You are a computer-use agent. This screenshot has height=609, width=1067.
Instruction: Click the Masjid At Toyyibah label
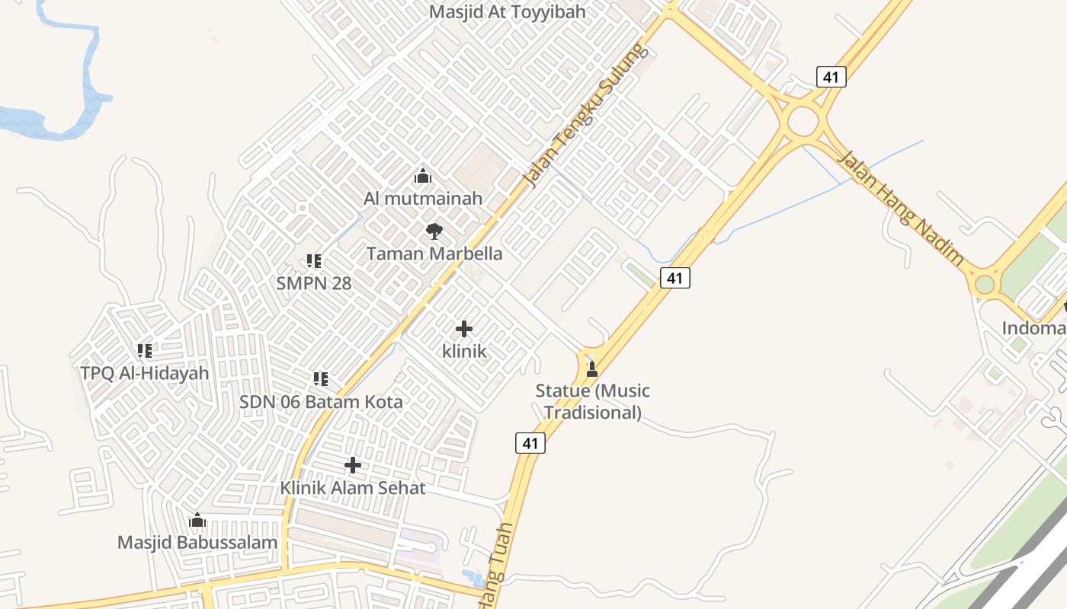[x=507, y=12]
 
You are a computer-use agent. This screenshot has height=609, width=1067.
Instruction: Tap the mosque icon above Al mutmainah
[x=423, y=177]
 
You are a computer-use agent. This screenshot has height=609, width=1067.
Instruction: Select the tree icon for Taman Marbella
[x=434, y=231]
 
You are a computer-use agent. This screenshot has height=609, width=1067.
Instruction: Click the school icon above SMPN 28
[x=313, y=261]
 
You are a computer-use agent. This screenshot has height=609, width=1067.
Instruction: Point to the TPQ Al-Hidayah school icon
[x=144, y=351]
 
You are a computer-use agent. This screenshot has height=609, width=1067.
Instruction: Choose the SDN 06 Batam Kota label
[x=321, y=401]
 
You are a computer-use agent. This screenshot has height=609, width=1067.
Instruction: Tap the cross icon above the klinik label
[x=463, y=329]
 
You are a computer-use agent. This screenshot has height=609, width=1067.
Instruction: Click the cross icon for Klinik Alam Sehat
[x=352, y=465]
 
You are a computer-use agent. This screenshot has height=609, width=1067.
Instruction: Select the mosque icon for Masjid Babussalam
[x=197, y=521]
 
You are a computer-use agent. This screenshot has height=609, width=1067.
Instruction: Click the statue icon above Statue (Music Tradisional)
[x=591, y=369]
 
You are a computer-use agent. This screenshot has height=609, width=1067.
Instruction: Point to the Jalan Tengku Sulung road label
[x=585, y=116]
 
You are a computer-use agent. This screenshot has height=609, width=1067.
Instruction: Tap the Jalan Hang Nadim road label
[x=900, y=207]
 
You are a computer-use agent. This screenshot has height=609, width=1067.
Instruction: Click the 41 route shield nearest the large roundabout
[x=831, y=77]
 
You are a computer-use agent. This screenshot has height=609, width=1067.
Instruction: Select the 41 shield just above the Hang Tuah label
[x=530, y=443]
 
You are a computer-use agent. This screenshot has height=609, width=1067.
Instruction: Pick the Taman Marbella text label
[x=434, y=253]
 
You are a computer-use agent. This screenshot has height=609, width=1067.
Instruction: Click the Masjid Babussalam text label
[x=197, y=543]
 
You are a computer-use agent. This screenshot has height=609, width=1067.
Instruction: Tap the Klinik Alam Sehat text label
[x=353, y=487]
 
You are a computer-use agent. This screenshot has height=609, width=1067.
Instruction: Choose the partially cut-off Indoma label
[x=1033, y=328]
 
